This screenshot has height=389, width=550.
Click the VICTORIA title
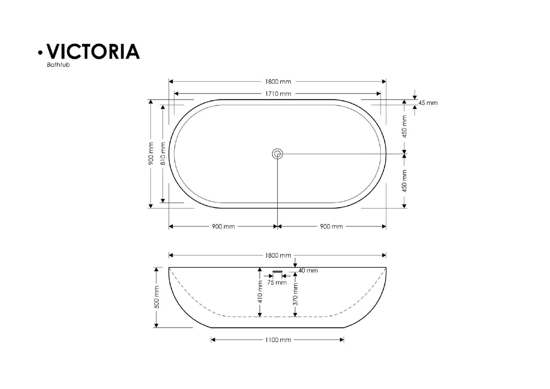(x=93, y=51)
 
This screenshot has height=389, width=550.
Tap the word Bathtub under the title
(x=59, y=65)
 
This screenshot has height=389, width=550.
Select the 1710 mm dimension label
(x=278, y=94)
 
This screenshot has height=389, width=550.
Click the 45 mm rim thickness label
(x=428, y=103)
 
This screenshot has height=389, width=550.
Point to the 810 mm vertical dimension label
(x=163, y=154)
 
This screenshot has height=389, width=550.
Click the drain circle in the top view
(x=277, y=154)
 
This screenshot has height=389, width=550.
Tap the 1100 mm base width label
(x=278, y=340)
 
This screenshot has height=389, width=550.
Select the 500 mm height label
(x=157, y=297)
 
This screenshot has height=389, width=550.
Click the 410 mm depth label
(x=260, y=292)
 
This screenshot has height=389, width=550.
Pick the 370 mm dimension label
(x=295, y=295)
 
